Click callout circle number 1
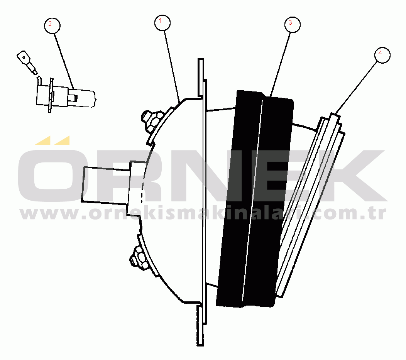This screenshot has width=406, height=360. click(x=162, y=23)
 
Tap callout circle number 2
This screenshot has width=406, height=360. click(x=52, y=25)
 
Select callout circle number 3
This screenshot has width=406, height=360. click(x=292, y=25)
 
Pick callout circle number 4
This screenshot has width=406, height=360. click(x=382, y=55)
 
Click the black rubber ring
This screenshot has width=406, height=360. click(x=255, y=199)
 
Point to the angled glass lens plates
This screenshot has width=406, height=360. click(x=311, y=205)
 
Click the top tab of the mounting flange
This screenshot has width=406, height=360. click(x=201, y=77)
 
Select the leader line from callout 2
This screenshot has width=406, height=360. click(x=64, y=61)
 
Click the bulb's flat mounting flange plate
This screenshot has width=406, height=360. click(x=51, y=95)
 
